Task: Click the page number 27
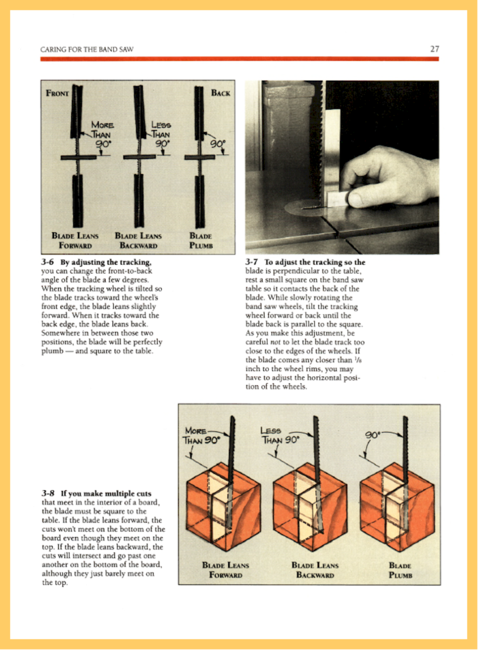click(435, 49)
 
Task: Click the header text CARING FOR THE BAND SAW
click(87, 49)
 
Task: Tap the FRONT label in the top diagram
click(57, 93)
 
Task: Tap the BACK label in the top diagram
click(220, 93)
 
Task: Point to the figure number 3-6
click(47, 262)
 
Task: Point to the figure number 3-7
click(252, 262)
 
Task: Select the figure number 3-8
click(48, 493)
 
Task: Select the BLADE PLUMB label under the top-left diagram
click(201, 240)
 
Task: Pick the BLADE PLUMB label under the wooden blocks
click(400, 570)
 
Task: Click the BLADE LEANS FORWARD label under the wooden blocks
click(225, 570)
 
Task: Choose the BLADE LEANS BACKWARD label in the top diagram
click(138, 240)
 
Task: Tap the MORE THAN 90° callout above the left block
click(201, 436)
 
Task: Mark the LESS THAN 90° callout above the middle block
click(280, 435)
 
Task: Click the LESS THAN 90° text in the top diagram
click(161, 134)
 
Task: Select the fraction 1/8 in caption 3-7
click(359, 360)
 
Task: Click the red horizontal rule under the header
click(239, 59)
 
